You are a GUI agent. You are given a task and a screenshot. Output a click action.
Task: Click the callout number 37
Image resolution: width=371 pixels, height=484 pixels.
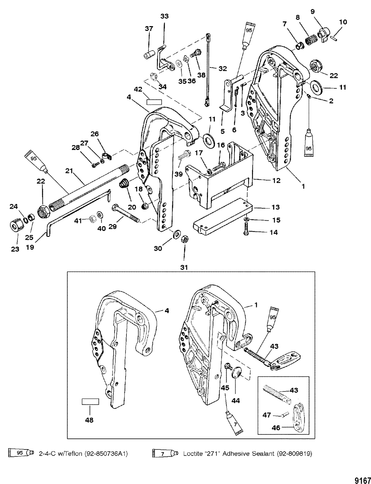(149, 29)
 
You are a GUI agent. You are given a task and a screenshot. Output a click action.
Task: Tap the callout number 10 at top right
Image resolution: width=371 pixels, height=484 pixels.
(343, 22)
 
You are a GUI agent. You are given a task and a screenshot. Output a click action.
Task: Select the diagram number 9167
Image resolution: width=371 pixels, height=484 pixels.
(363, 472)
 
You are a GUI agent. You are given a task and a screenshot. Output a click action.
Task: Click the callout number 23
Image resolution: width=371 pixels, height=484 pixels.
(15, 249)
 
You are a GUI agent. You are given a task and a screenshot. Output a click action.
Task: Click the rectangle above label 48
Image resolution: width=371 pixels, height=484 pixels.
(90, 401)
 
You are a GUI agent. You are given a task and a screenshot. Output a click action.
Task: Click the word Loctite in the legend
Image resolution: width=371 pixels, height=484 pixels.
(194, 454)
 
